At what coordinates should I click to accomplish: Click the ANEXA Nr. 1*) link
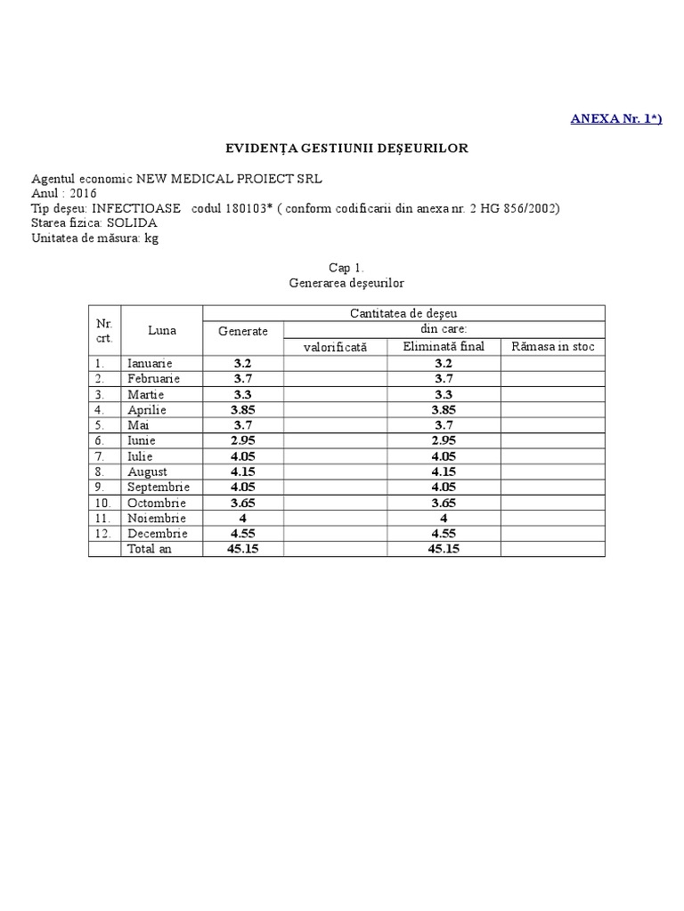[615, 119]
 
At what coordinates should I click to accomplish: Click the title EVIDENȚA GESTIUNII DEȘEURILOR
[345, 148]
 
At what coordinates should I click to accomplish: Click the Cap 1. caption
[346, 267]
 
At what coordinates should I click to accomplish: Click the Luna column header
[162, 330]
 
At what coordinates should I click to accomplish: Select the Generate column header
[243, 331]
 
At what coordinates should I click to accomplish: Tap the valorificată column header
[335, 347]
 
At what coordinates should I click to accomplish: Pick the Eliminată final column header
[444, 346]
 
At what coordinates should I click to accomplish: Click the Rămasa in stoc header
[552, 346]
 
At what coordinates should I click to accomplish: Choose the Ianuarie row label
[150, 363]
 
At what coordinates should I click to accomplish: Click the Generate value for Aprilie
[243, 409]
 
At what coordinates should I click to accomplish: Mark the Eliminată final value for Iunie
[444, 440]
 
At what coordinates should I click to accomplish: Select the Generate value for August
[243, 472]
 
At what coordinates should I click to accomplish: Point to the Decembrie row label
[158, 534]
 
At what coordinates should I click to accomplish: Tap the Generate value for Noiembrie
[243, 518]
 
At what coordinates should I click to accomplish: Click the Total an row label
[151, 549]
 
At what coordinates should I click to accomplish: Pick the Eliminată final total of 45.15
[444, 549]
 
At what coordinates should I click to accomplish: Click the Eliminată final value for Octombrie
[444, 503]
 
